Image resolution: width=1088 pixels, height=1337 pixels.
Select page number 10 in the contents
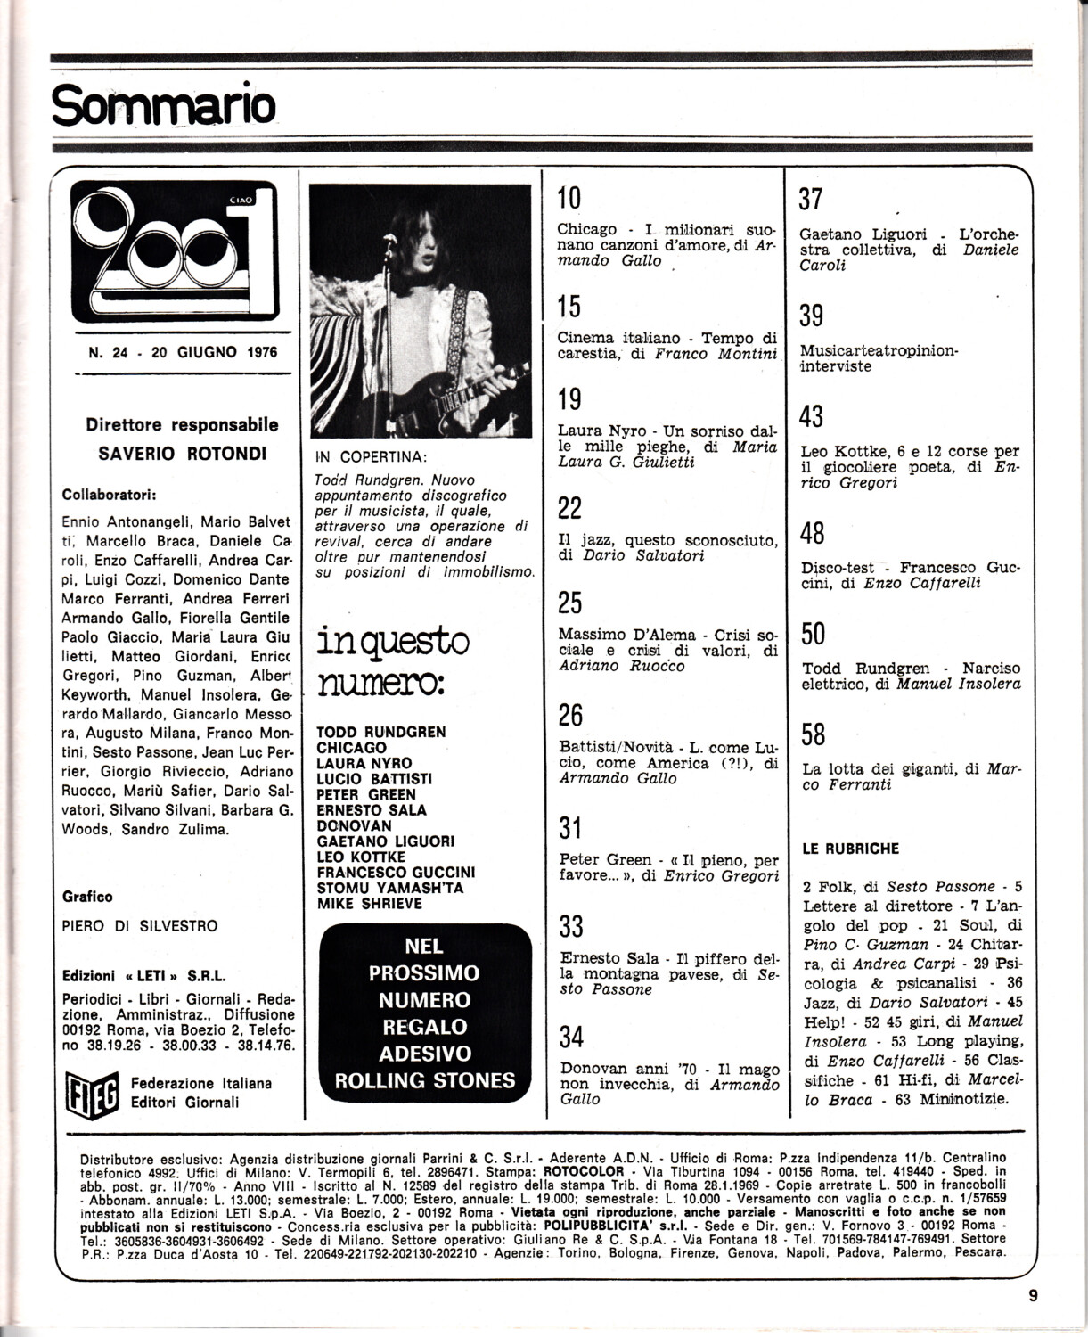pos(569,198)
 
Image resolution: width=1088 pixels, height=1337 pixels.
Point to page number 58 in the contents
pos(813,734)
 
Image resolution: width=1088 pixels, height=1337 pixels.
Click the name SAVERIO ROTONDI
pos(182,453)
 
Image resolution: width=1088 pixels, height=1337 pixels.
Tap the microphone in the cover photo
pos(389,239)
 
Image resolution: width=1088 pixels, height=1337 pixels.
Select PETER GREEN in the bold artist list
pos(365,794)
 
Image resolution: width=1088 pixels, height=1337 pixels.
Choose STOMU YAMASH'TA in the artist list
pos(389,888)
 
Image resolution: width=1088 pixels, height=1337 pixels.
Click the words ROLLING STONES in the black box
pos(424,1080)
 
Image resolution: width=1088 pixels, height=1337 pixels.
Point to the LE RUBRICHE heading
pos(851,849)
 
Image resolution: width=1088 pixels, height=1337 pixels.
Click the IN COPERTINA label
pos(371,457)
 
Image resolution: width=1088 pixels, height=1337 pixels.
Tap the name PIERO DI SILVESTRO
pos(140,926)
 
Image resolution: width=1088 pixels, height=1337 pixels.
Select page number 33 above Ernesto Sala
pos(570,926)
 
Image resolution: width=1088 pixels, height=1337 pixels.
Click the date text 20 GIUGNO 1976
pos(214,352)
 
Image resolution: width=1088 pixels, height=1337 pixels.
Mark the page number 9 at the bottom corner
pos(1033,1296)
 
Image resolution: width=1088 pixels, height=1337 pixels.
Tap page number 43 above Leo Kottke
pos(811,416)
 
